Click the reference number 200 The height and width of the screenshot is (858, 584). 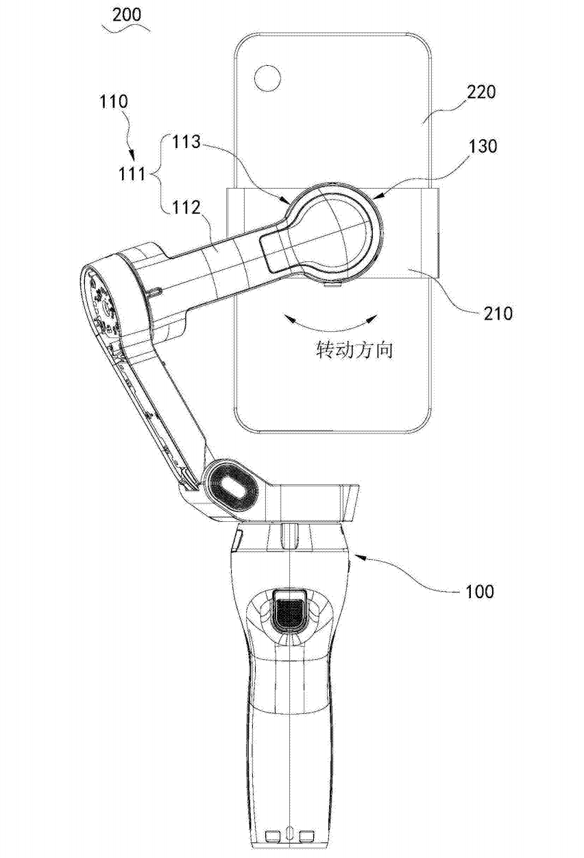(127, 14)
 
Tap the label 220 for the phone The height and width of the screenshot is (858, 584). (481, 93)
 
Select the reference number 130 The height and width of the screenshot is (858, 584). (483, 146)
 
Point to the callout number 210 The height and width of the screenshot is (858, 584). (498, 313)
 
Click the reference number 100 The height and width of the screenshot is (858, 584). (480, 591)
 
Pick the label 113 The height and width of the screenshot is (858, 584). (186, 142)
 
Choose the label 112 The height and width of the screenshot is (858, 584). (186, 208)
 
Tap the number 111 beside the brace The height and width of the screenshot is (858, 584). (132, 175)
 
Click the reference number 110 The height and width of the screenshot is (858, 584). (113, 102)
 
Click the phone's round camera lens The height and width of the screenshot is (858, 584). (268, 78)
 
